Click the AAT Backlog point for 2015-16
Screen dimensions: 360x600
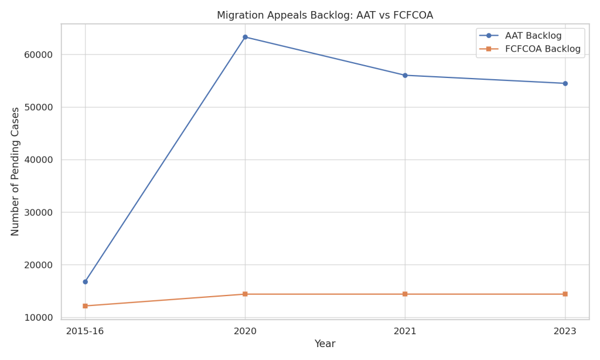click(x=85, y=282)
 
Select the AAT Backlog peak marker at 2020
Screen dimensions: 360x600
click(x=245, y=37)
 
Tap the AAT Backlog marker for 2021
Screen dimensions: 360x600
click(x=405, y=75)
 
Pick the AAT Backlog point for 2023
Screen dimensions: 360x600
click(x=565, y=83)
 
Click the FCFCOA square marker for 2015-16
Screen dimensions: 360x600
click(x=85, y=306)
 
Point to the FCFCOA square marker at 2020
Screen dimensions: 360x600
click(x=245, y=294)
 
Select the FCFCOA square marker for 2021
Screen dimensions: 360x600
click(x=405, y=294)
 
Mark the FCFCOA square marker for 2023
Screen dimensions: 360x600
click(x=565, y=294)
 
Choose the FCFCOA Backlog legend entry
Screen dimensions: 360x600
click(x=543, y=49)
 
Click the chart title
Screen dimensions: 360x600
click(x=325, y=15)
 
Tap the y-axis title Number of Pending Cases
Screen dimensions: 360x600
click(x=16, y=171)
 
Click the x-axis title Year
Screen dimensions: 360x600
click(x=325, y=344)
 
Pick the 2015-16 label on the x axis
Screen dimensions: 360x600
click(x=85, y=331)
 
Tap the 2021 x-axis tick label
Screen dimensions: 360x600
click(x=405, y=331)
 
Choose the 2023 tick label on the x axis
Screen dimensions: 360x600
click(x=565, y=331)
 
